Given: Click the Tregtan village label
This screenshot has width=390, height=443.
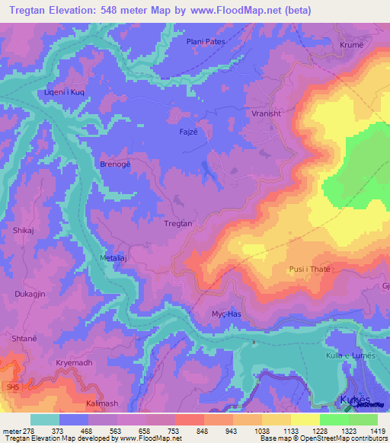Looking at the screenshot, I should pos(178,223).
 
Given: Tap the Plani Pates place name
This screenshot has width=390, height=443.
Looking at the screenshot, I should pos(206,42).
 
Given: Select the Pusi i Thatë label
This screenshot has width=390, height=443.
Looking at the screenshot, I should pos(309,269).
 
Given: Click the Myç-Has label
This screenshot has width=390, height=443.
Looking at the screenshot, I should pos(225,314).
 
